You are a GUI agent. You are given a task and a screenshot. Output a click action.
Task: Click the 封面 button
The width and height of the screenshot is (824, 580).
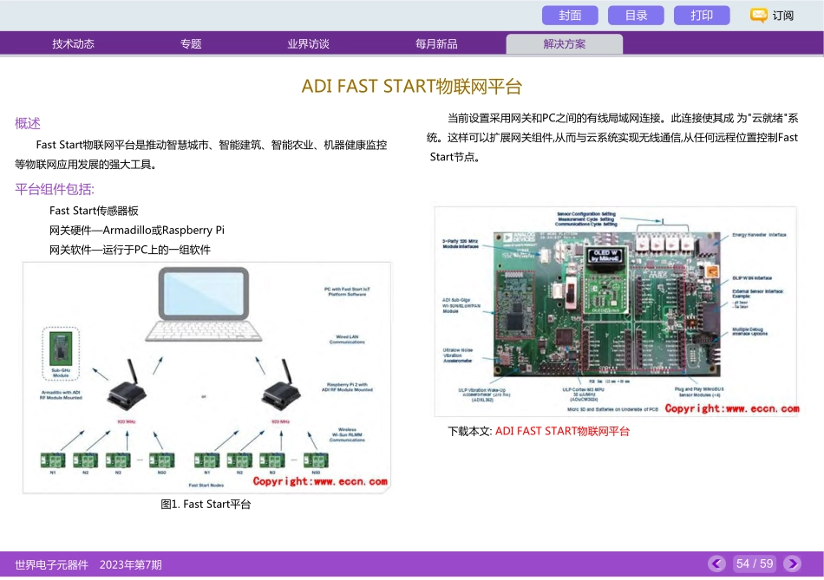pos(570,16)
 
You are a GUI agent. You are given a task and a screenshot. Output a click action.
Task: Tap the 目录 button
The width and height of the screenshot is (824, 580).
pos(636,16)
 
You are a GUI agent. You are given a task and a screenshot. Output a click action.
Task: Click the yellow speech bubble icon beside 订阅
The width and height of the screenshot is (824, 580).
pos(758,16)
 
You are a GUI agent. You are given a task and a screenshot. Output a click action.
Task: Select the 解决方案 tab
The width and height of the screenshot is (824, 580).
pos(564,44)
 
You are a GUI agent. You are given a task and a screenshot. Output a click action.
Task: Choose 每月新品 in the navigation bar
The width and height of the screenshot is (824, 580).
pos(436,44)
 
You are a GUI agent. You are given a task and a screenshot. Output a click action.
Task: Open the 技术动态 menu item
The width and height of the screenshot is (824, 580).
pos(73,44)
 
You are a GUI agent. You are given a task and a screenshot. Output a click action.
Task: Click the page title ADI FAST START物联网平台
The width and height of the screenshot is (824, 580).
pos(412,87)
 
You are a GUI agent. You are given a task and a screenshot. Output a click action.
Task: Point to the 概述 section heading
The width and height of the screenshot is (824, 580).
pos(28,123)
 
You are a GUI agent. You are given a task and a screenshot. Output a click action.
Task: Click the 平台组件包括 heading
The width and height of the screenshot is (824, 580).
pos(55,189)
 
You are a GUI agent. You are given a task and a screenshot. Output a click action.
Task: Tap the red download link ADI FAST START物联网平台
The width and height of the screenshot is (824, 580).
pos(562,431)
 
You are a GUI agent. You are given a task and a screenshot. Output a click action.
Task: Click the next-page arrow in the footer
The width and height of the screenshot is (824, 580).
pos(792,564)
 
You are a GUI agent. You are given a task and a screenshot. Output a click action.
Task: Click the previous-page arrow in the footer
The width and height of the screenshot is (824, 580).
pos(716,564)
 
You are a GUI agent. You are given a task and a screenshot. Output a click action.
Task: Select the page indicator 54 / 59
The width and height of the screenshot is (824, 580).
pos(754,564)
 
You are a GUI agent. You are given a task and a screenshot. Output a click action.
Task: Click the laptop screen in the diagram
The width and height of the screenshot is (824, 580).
pos(203,292)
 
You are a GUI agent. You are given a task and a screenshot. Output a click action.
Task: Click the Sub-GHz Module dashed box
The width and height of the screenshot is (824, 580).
pos(61,354)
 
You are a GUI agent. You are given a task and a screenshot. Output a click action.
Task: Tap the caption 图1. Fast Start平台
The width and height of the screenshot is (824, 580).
pos(206,504)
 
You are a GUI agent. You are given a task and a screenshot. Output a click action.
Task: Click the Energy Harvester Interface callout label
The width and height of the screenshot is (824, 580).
pos(758,234)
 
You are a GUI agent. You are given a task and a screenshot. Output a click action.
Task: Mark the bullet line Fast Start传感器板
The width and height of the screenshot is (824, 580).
pos(94,211)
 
